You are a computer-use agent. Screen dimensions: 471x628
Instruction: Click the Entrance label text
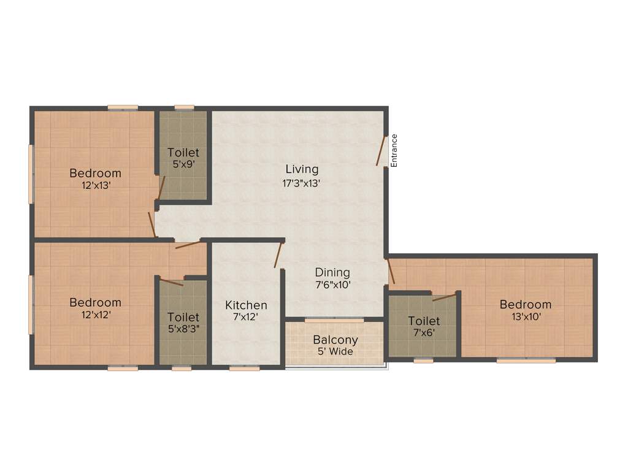click(x=394, y=150)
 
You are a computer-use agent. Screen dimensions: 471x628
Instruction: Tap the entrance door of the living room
click(x=381, y=151)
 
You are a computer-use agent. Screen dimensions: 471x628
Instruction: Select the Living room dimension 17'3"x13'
click(x=302, y=182)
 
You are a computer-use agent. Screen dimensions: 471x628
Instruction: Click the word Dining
click(x=332, y=272)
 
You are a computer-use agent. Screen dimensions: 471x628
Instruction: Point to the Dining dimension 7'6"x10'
click(x=332, y=285)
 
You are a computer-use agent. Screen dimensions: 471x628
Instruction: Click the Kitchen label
click(x=246, y=305)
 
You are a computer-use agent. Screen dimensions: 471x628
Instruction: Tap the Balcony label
click(x=335, y=340)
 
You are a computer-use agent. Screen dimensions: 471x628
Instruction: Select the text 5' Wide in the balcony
click(x=335, y=352)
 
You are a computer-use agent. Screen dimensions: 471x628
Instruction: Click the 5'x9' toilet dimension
click(x=183, y=164)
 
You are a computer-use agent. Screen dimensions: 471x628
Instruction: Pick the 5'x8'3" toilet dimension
click(x=183, y=329)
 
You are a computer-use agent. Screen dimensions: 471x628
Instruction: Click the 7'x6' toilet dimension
click(x=424, y=333)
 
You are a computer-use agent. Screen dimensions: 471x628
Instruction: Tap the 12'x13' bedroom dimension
click(x=95, y=185)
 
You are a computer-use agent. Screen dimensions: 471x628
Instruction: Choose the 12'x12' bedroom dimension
click(x=95, y=315)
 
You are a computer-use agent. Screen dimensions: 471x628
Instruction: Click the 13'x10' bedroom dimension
click(x=525, y=317)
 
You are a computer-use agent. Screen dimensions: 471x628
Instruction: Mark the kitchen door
click(x=278, y=255)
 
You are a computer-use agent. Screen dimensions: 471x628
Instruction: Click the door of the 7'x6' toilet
click(x=445, y=297)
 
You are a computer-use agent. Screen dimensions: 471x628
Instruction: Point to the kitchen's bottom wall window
click(x=244, y=368)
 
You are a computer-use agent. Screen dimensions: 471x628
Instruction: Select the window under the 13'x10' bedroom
click(x=526, y=361)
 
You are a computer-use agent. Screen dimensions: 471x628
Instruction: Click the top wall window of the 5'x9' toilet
click(x=184, y=108)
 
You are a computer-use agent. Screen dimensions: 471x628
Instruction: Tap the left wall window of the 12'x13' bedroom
click(x=31, y=174)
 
